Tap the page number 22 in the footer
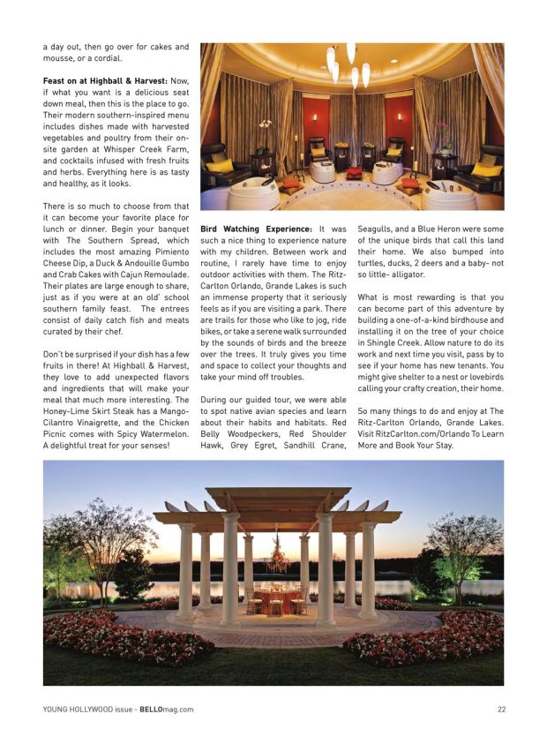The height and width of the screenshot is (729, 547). (501, 709)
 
